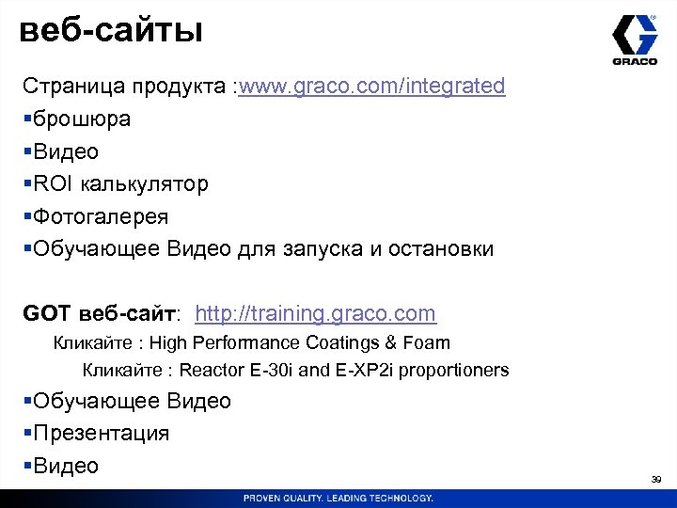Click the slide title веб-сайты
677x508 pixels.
(x=111, y=31)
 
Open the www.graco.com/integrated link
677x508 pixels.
(x=372, y=87)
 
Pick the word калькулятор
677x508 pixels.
(x=146, y=184)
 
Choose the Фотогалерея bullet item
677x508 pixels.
(x=101, y=217)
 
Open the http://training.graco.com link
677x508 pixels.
(x=316, y=313)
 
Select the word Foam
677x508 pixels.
(x=429, y=343)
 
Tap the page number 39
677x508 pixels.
(x=656, y=480)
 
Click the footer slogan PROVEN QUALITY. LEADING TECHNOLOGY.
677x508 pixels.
(x=338, y=498)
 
